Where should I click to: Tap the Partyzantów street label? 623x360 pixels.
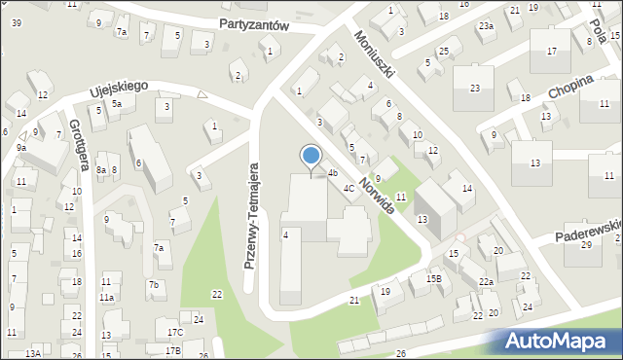pos(255,25)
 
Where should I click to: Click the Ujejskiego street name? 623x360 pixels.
pos(118,88)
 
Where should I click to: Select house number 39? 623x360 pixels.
pos(17,77)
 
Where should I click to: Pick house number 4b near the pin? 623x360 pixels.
pos(332,173)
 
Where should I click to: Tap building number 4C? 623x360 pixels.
pos(348,188)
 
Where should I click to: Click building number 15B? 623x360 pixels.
pos(433,278)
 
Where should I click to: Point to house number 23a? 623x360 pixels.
pos(485,26)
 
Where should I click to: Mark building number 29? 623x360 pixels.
pos(586,244)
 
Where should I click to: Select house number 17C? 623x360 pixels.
pos(173,333)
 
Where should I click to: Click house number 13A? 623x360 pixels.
pos(33,353)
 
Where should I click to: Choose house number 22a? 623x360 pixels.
pos(486,282)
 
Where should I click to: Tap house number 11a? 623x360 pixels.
pos(107,297)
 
